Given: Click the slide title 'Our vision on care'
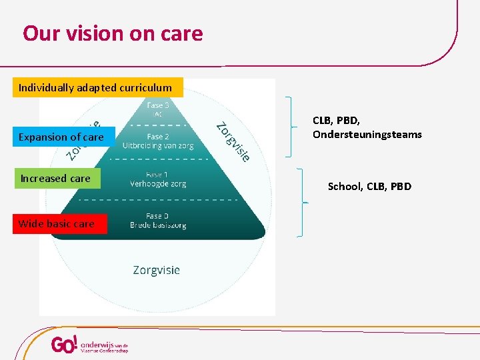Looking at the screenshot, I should pyautogui.click(x=113, y=33).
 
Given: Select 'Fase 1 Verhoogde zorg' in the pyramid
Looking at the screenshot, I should pyautogui.click(x=157, y=179).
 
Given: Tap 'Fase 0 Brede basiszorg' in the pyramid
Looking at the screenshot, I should pyautogui.click(x=157, y=221).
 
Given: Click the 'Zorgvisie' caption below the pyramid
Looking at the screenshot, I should pyautogui.click(x=156, y=270).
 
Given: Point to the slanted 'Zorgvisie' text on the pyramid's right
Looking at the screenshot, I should pyautogui.click(x=233, y=141).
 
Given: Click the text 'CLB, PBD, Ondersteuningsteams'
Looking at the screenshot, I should pyautogui.click(x=367, y=127).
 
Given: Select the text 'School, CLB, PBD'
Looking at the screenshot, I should pyautogui.click(x=369, y=187).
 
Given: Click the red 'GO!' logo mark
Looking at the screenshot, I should pyautogui.click(x=65, y=345).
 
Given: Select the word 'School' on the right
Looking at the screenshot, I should pyautogui.click(x=344, y=187).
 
